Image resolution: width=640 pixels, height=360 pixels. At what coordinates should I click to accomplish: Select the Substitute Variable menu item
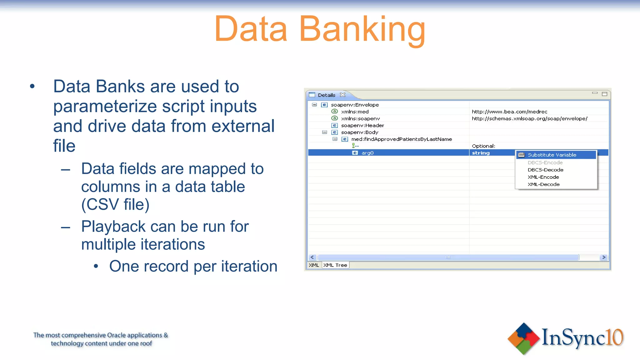pyautogui.click(x=552, y=155)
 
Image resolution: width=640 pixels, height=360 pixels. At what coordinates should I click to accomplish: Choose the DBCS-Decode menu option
pyautogui.click(x=545, y=170)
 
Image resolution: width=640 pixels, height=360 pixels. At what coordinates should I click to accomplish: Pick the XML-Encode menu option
pyautogui.click(x=543, y=177)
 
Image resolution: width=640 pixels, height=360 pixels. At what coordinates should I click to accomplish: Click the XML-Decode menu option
pyautogui.click(x=543, y=184)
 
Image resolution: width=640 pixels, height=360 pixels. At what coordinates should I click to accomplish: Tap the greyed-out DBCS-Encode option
pyautogui.click(x=545, y=162)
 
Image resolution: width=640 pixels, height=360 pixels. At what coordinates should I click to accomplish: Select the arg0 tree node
pyautogui.click(x=367, y=153)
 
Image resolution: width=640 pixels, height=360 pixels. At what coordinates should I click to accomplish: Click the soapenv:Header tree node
pyautogui.click(x=362, y=125)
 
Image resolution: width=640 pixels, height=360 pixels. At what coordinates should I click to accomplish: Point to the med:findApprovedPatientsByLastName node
pyautogui.click(x=401, y=139)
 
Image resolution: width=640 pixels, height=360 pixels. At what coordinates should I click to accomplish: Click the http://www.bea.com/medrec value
pyautogui.click(x=509, y=112)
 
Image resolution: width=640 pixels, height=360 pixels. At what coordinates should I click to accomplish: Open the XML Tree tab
pyautogui.click(x=335, y=265)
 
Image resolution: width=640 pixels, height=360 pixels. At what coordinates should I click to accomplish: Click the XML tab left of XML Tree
pyautogui.click(x=314, y=265)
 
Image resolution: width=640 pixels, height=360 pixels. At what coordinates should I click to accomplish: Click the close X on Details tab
pyautogui.click(x=343, y=95)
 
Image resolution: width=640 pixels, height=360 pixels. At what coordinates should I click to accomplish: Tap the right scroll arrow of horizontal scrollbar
pyautogui.click(x=604, y=257)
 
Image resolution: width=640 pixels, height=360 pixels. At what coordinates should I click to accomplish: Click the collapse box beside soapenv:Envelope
pyautogui.click(x=314, y=105)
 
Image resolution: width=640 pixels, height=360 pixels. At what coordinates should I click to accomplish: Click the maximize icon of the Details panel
pyautogui.click(x=604, y=94)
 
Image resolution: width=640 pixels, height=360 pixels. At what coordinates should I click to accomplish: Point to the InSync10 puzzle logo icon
pyautogui.click(x=523, y=338)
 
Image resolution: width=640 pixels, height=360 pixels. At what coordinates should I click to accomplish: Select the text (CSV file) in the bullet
pyautogui.click(x=115, y=204)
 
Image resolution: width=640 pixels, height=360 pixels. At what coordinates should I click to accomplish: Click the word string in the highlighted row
pyautogui.click(x=481, y=153)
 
